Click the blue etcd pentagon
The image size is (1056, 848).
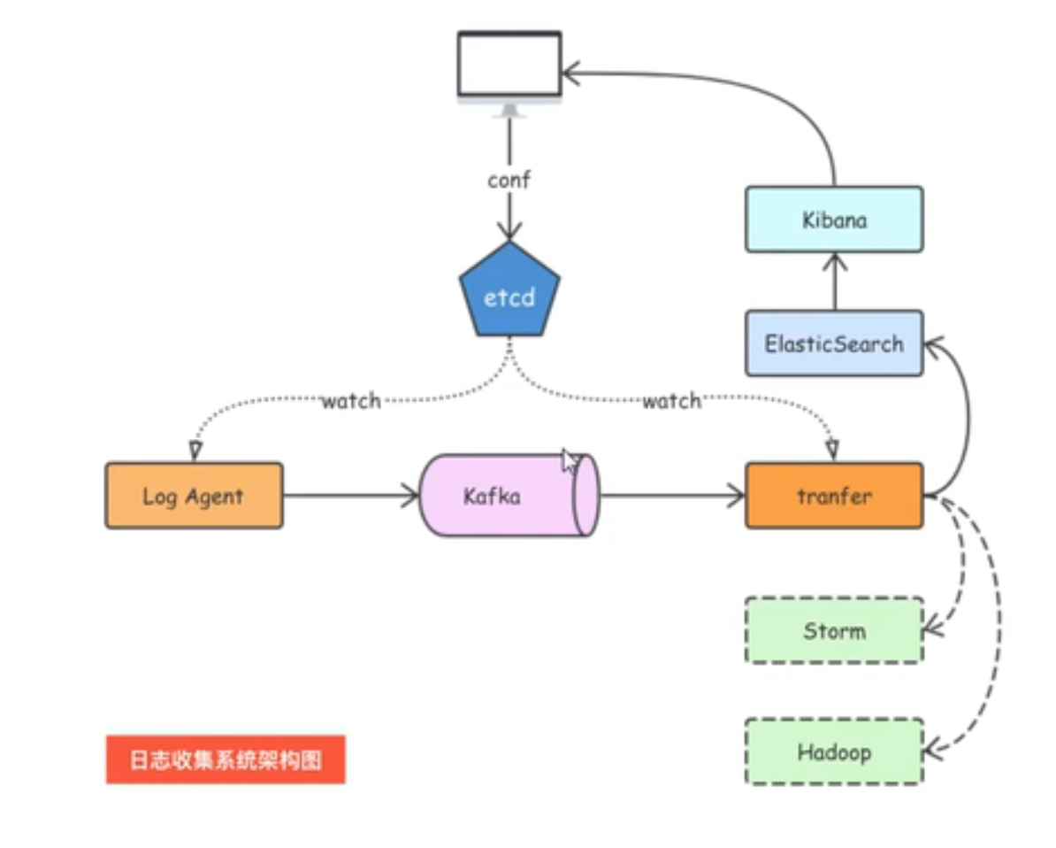click(509, 295)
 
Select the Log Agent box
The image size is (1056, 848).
click(194, 496)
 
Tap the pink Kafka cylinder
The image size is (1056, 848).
click(504, 496)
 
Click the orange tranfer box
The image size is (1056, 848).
click(833, 496)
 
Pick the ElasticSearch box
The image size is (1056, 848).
click(833, 343)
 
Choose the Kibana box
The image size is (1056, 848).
click(833, 220)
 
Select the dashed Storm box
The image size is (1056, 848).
click(833, 631)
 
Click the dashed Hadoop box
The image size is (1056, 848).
click(833, 752)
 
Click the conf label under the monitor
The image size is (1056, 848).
click(509, 180)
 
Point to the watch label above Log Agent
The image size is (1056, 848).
click(350, 401)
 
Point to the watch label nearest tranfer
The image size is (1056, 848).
click(671, 401)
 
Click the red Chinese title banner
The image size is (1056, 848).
click(226, 759)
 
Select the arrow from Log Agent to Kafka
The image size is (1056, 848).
click(350, 496)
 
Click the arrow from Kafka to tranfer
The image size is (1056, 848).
click(672, 496)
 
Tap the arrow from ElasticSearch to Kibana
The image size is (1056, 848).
click(833, 281)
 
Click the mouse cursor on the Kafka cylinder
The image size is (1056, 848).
click(570, 461)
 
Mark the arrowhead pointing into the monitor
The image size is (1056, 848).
click(571, 73)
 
